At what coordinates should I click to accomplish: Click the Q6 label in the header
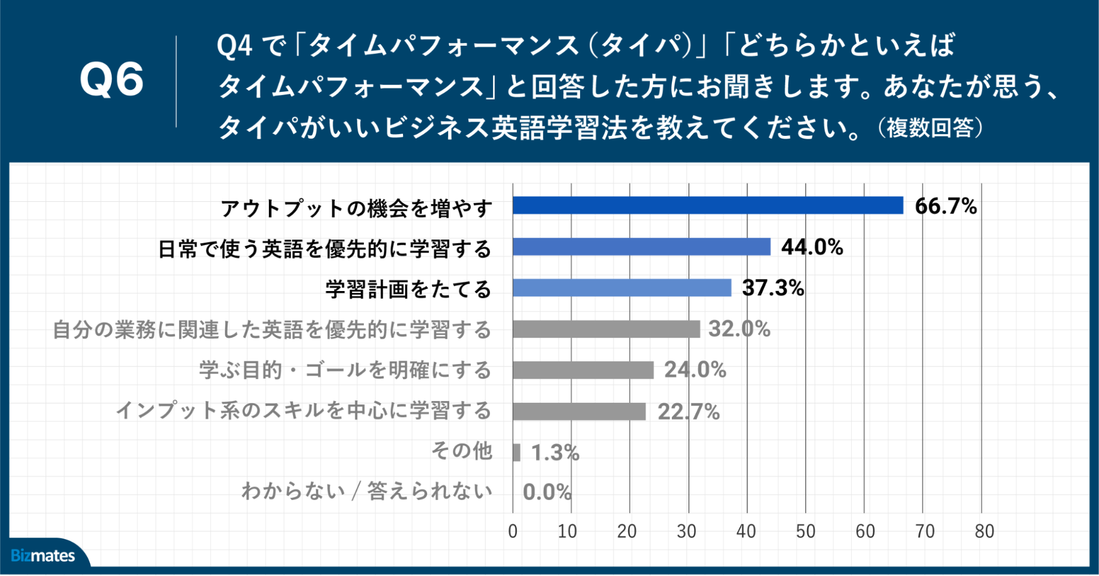(x=112, y=80)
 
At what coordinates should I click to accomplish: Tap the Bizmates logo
(x=43, y=556)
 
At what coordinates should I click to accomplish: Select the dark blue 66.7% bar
(x=708, y=205)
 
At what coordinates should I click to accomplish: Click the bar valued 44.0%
(x=641, y=247)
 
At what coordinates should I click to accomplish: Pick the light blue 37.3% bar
(x=622, y=288)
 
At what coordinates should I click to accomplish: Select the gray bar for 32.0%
(x=606, y=329)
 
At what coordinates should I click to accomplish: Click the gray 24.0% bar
(x=583, y=370)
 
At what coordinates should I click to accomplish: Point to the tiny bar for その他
(x=516, y=453)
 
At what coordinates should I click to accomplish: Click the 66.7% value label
(x=946, y=206)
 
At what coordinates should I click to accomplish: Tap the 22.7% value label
(x=688, y=412)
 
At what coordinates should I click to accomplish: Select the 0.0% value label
(x=547, y=492)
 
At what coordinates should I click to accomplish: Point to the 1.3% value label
(x=555, y=453)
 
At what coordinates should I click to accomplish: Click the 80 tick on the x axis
(x=984, y=531)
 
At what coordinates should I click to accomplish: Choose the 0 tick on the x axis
(x=512, y=531)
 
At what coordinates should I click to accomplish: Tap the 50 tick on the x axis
(x=805, y=531)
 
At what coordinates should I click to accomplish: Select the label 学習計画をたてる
(x=408, y=289)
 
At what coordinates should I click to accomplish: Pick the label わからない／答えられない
(x=367, y=491)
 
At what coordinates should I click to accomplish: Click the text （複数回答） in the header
(x=930, y=128)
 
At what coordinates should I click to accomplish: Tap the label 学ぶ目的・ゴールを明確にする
(x=345, y=370)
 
